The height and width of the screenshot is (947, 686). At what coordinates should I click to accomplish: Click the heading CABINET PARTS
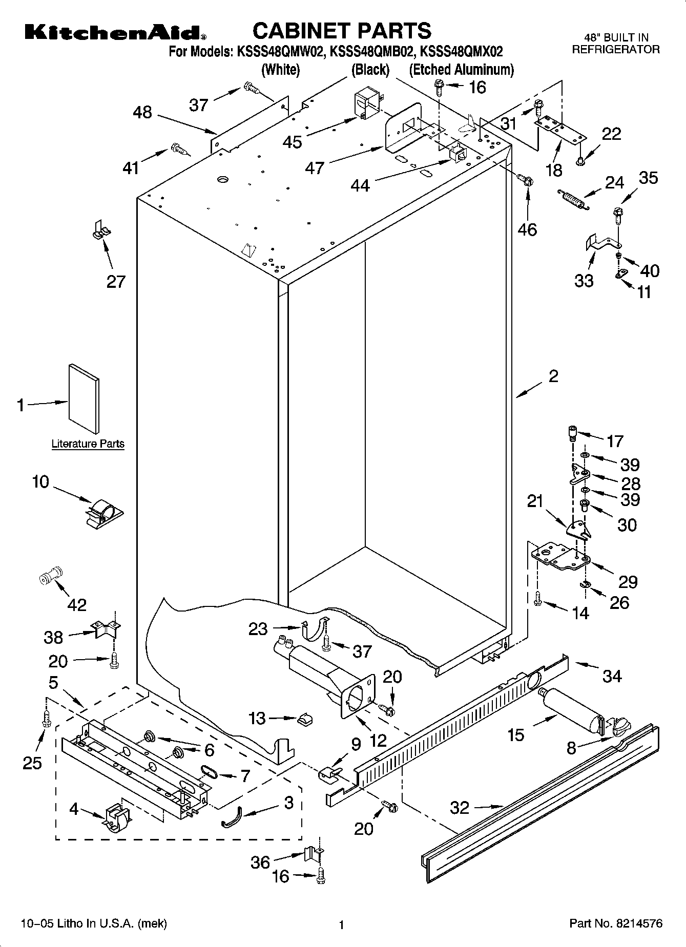click(342, 31)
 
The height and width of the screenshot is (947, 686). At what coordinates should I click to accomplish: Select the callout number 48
click(142, 112)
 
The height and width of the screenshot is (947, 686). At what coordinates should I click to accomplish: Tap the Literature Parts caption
click(88, 444)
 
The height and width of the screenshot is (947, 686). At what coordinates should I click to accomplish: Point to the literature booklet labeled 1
click(84, 398)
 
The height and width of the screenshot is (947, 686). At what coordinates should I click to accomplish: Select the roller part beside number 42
click(50, 577)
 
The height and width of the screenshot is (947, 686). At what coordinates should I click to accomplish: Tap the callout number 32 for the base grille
click(460, 808)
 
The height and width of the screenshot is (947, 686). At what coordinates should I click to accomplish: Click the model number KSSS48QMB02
click(371, 52)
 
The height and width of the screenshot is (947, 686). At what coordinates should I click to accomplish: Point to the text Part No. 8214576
click(616, 923)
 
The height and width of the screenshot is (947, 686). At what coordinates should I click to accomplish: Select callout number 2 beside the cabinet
click(553, 376)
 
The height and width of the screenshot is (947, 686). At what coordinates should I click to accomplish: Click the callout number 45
click(293, 141)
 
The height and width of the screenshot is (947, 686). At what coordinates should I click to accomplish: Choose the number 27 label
click(116, 281)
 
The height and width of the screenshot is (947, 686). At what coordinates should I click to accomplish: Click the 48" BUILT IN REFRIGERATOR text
click(616, 44)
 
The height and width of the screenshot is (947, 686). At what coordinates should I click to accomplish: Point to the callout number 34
click(612, 676)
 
